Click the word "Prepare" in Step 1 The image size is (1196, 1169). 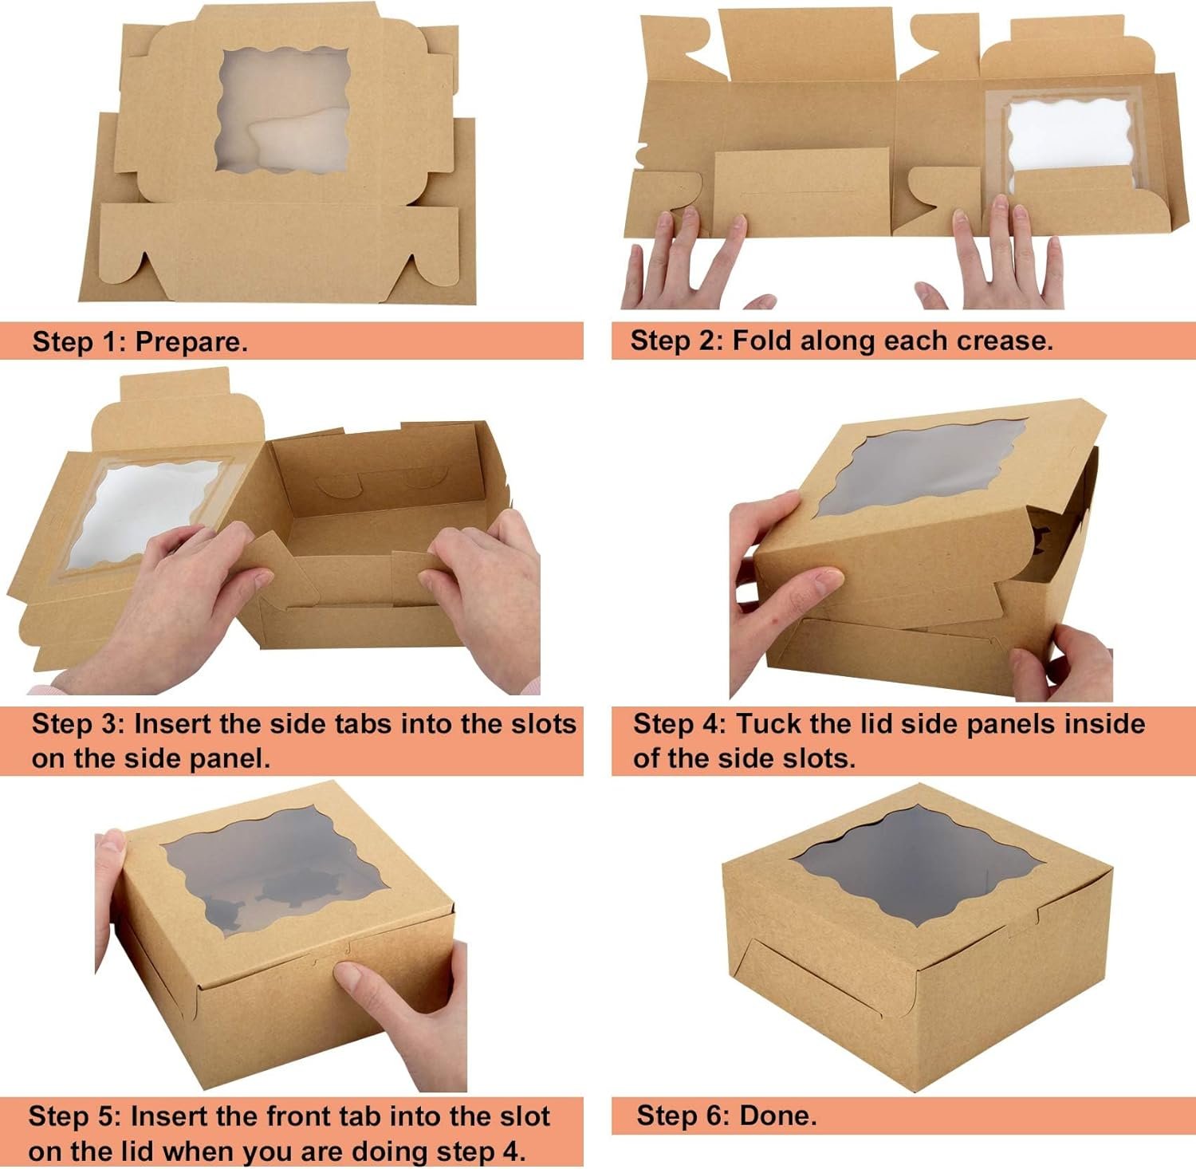point(190,342)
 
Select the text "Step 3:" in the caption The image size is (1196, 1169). point(77,724)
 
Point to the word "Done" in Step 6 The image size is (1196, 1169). point(777,1115)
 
